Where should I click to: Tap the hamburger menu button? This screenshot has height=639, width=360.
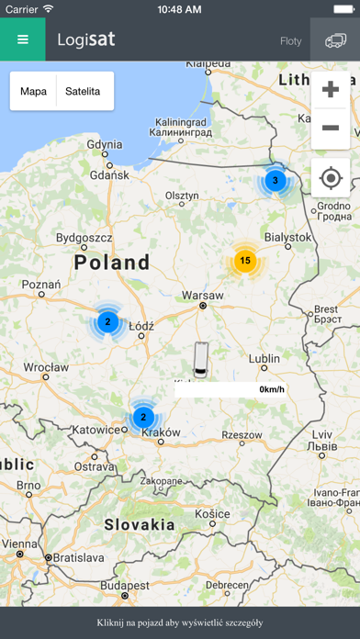22,40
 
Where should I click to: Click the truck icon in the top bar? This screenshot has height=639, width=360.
335,40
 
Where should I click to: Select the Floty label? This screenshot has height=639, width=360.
290,41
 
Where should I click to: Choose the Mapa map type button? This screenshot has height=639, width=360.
33,92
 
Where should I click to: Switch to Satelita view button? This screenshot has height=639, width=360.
83,92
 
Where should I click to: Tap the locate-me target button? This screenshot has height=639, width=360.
331,177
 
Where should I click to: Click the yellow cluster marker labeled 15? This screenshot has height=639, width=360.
244,261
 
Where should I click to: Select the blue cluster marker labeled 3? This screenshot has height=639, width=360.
275,181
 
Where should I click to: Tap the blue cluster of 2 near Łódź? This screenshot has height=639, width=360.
107,322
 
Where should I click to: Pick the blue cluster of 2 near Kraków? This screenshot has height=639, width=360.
142,417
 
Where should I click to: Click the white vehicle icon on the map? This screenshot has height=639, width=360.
201,355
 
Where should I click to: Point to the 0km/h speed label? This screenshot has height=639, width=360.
272,389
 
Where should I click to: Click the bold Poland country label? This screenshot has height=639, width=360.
112,263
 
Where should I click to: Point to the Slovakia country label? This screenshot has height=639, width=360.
139,525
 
